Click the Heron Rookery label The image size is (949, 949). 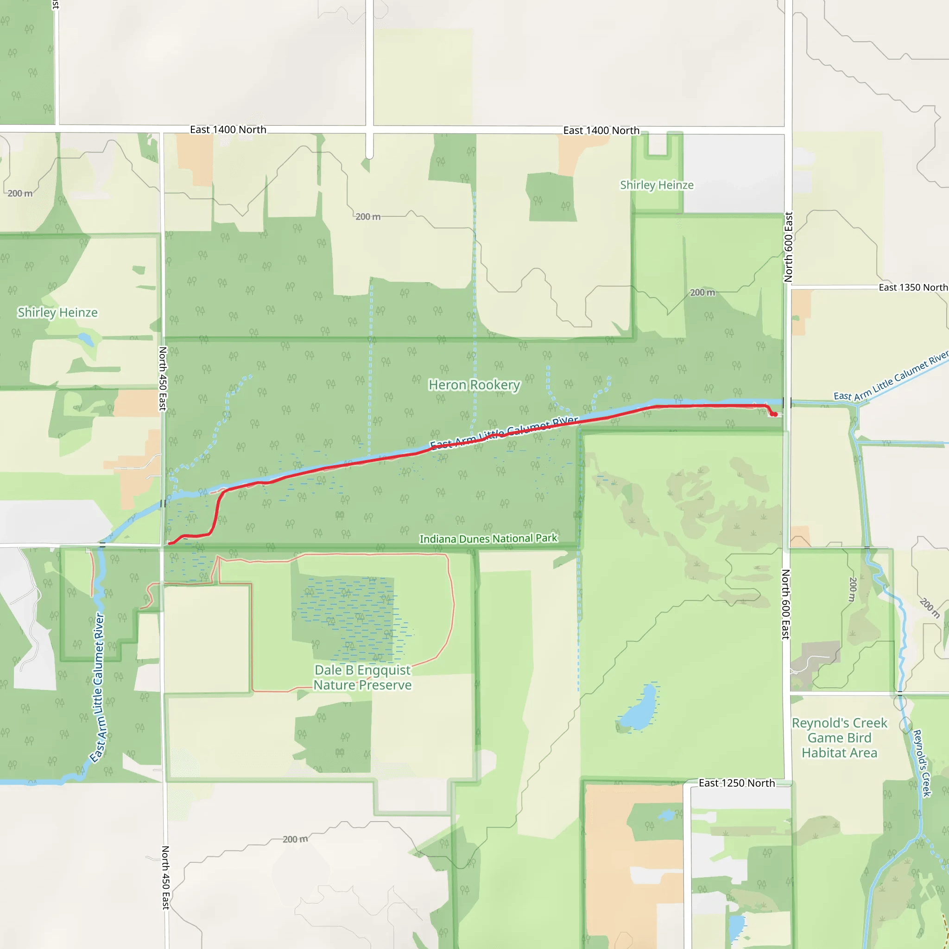pyautogui.click(x=474, y=385)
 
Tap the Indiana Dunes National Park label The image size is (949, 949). pyautogui.click(x=488, y=538)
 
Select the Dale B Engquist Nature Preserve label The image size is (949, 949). pyautogui.click(x=362, y=677)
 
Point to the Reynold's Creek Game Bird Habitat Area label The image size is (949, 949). pyautogui.click(x=840, y=738)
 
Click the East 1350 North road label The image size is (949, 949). pyautogui.click(x=913, y=287)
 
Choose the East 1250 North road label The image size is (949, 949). pyautogui.click(x=736, y=783)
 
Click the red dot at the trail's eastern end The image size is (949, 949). pyautogui.click(x=775, y=415)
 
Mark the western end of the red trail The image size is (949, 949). pyautogui.click(x=170, y=543)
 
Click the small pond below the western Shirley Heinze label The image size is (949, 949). pyautogui.click(x=85, y=339)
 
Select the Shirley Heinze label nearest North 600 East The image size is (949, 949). pyautogui.click(x=657, y=185)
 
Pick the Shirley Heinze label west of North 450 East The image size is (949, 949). pyautogui.click(x=57, y=312)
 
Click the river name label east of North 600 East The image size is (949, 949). pyautogui.click(x=890, y=376)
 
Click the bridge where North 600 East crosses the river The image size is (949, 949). pyautogui.click(x=787, y=403)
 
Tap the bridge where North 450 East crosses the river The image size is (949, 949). pyautogui.click(x=163, y=504)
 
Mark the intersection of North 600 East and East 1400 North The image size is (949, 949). pyautogui.click(x=788, y=130)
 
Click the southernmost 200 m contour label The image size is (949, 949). pyautogui.click(x=295, y=839)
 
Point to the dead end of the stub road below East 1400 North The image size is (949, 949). pyautogui.click(x=369, y=157)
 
